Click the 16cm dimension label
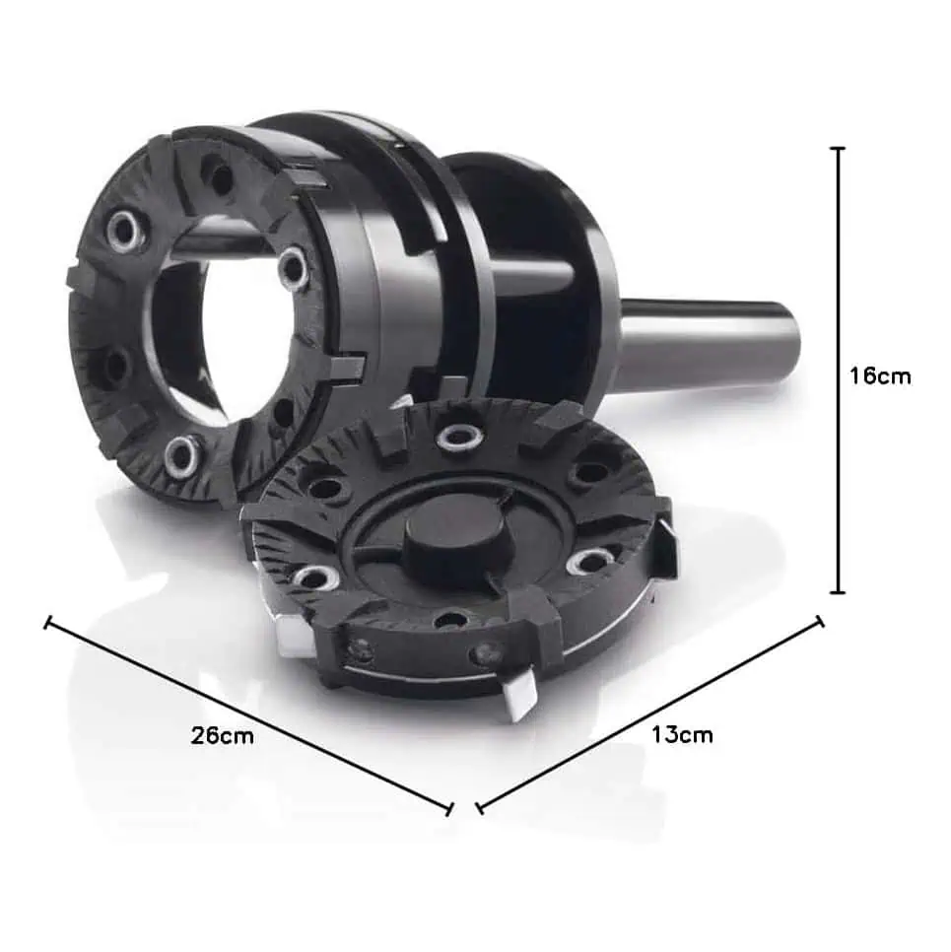click(x=880, y=375)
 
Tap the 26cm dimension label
click(x=222, y=735)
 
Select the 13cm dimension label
click(x=682, y=734)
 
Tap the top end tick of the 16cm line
click(x=839, y=148)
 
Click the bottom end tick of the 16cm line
click(x=839, y=592)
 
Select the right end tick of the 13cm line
click(x=819, y=621)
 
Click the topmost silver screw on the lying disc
click(x=457, y=437)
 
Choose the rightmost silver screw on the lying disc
click(x=589, y=562)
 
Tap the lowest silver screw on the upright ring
click(x=181, y=455)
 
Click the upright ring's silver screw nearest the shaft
click(x=294, y=268)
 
